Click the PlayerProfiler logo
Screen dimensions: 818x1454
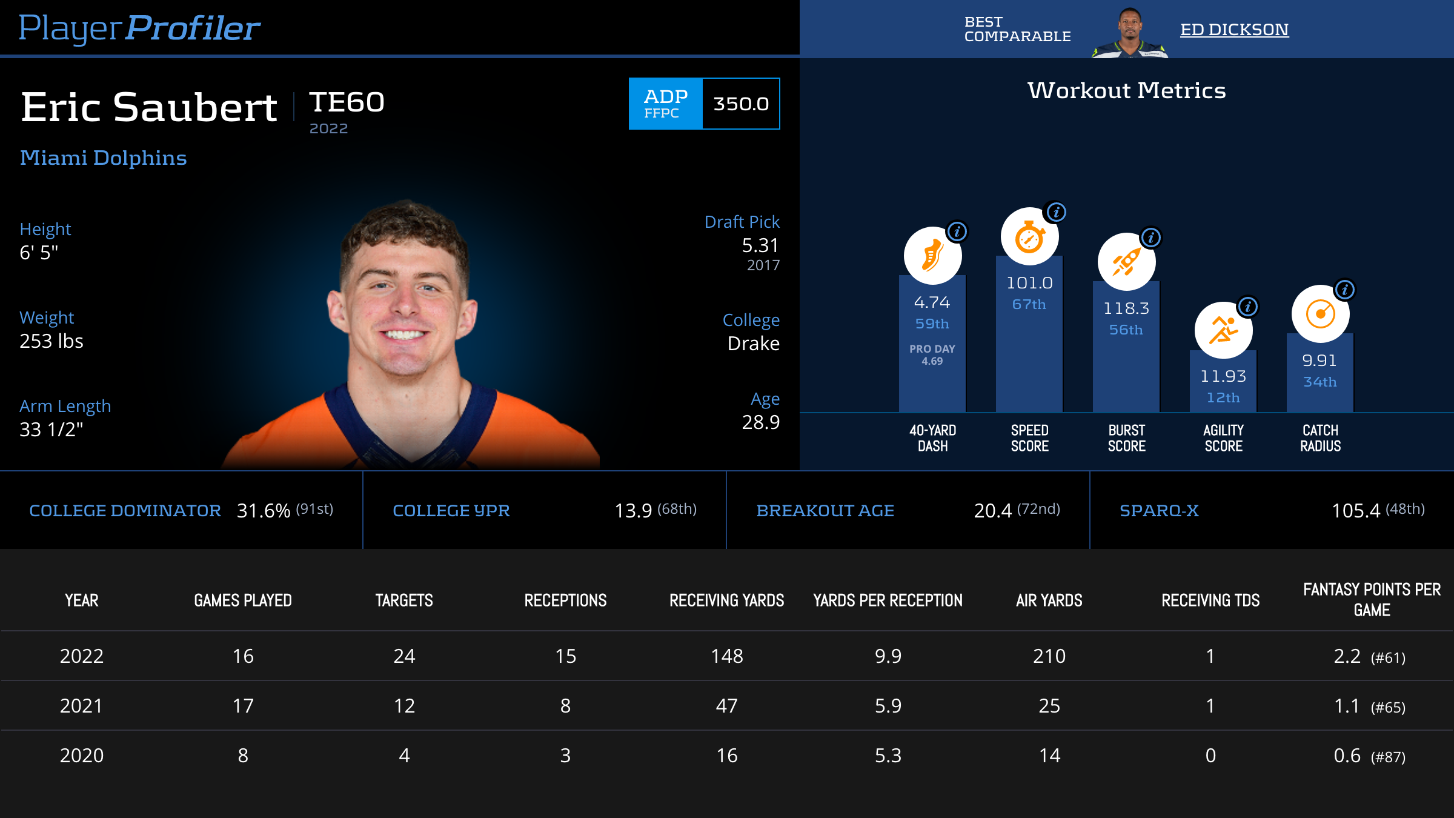click(139, 28)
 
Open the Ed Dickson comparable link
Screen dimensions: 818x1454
click(1234, 29)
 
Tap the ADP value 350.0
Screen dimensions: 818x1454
click(741, 104)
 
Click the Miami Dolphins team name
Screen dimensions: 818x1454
click(103, 158)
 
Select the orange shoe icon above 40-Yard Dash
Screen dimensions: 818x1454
click(932, 256)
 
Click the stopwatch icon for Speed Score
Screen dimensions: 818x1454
click(1029, 237)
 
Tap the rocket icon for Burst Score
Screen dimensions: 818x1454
click(1126, 262)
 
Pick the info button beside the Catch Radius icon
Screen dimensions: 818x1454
click(1344, 290)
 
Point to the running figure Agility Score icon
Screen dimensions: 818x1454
click(1223, 330)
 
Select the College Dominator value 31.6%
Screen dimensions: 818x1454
click(264, 511)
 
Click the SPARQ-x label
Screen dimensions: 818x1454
click(1159, 511)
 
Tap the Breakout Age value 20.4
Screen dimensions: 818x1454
click(992, 511)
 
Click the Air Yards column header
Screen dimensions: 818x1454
click(1049, 600)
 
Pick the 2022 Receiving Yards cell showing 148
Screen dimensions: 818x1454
click(726, 656)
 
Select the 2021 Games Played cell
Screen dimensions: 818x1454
click(243, 706)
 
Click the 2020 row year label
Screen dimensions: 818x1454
click(82, 756)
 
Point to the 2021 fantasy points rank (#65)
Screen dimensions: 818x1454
click(1388, 707)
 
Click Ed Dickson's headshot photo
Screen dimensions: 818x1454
click(1129, 33)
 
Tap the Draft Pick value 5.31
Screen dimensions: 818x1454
click(760, 245)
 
